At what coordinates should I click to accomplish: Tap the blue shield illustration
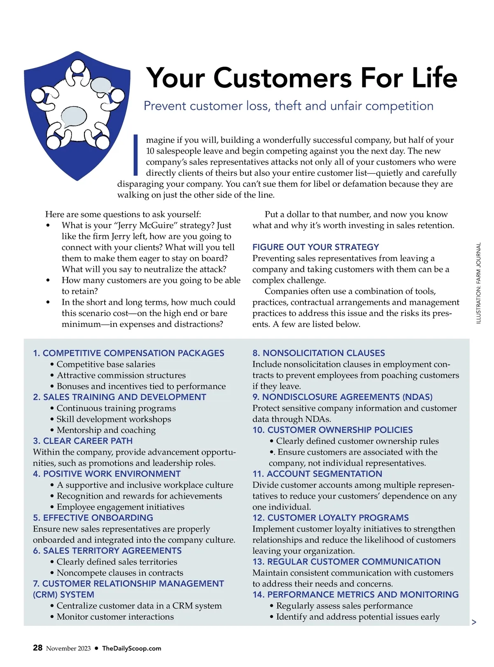[77, 115]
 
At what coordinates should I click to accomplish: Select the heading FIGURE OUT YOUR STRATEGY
[315, 247]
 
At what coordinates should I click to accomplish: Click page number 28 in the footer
[37, 648]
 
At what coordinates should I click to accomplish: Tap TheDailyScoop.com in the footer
[131, 648]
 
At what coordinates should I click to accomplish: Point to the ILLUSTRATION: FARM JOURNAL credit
[478, 283]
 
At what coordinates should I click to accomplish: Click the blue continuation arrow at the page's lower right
[474, 622]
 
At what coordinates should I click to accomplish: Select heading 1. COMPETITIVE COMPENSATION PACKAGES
[128, 353]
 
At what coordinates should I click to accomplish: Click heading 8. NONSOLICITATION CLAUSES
[319, 353]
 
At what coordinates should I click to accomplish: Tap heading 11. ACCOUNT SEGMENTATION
[317, 474]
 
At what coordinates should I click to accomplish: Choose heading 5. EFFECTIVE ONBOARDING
[93, 518]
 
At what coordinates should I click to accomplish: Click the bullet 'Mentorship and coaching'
[106, 430]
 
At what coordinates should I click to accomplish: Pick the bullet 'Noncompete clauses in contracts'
[120, 573]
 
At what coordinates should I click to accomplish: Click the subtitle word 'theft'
[288, 106]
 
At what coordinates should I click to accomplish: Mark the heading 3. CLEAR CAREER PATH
[83, 441]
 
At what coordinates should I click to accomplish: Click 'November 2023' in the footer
[68, 648]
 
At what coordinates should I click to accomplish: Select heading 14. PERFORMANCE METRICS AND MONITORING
[355, 595]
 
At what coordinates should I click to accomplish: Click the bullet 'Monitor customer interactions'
[115, 617]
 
